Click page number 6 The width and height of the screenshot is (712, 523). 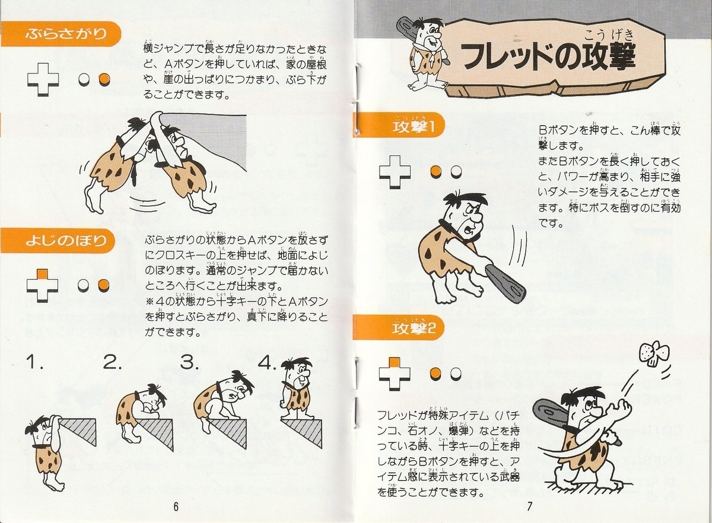pos(176,506)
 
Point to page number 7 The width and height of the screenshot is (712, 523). pos(529,506)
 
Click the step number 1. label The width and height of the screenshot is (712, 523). pos(35,362)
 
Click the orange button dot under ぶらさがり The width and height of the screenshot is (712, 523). pos(104,79)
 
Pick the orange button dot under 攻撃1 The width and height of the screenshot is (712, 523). pos(437,172)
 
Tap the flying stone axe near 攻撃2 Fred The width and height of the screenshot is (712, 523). pos(651,354)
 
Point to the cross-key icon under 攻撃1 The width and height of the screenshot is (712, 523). pos(395,172)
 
